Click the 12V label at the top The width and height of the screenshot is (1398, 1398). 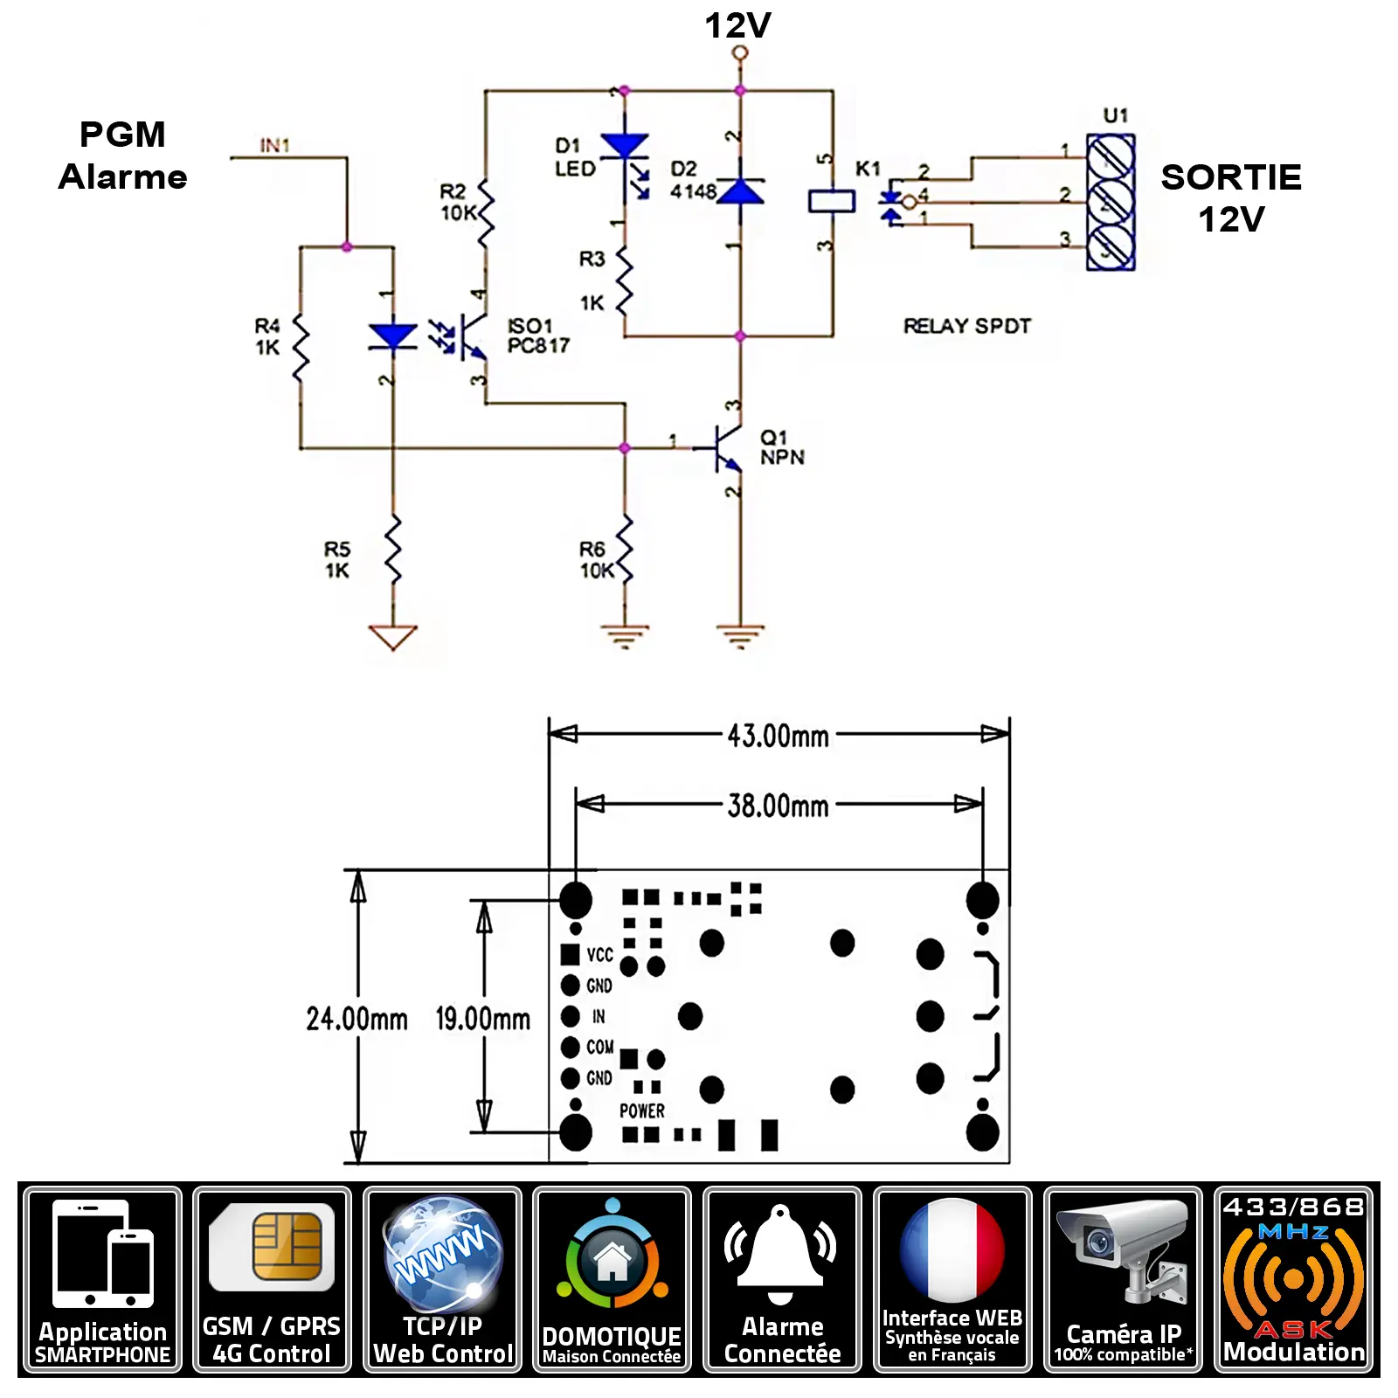point(737,25)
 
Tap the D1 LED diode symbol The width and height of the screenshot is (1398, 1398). point(625,147)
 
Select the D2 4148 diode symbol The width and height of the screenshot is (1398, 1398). point(740,192)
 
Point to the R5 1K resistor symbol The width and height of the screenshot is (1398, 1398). point(393,549)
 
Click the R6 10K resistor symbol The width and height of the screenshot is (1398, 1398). point(625,549)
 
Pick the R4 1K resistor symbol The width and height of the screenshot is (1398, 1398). point(301,348)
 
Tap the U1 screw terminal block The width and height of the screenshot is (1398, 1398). point(1111,203)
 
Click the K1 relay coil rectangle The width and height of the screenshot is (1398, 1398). point(831,201)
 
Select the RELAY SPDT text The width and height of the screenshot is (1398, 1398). point(966,326)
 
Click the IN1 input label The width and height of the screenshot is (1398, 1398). point(274,145)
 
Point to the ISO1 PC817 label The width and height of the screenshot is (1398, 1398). point(537,336)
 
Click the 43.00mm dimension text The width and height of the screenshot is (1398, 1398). point(778,736)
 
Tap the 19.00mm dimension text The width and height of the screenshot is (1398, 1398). point(482,1018)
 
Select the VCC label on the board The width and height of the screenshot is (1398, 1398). point(599,955)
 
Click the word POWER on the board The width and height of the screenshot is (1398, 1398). point(642,1111)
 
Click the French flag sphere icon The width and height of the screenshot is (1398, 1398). point(952,1250)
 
